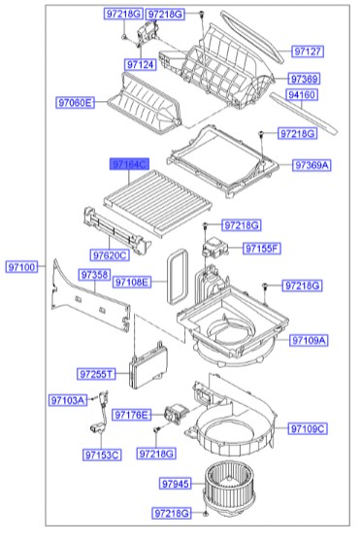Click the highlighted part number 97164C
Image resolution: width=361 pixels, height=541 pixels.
(x=128, y=166)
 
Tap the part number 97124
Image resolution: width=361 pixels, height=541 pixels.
(x=141, y=65)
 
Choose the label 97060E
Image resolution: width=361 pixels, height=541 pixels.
(x=74, y=102)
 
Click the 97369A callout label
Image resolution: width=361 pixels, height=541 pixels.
(x=312, y=165)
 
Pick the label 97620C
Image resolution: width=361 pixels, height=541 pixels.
(x=112, y=254)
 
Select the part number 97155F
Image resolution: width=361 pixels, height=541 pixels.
(x=258, y=249)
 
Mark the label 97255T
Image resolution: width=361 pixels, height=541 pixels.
(x=97, y=373)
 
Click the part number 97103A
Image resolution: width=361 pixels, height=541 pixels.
(x=69, y=399)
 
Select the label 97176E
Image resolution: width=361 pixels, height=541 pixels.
(x=133, y=415)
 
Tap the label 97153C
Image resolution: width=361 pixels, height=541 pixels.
(x=101, y=454)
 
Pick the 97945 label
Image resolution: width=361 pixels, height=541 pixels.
(x=177, y=483)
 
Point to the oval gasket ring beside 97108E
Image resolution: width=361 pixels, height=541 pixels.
(x=178, y=276)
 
